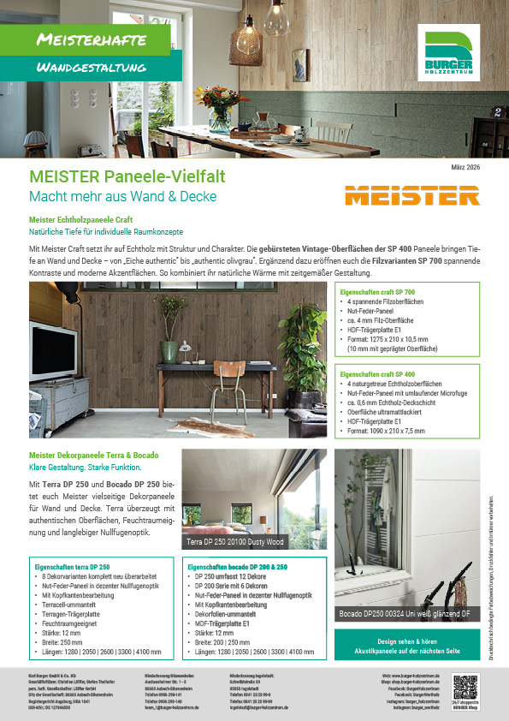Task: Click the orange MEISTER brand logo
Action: point(412,195)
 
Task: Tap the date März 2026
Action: point(465,167)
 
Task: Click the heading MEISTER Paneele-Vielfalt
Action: point(127,176)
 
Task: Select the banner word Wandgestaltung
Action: point(92,67)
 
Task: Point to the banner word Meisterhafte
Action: point(92,39)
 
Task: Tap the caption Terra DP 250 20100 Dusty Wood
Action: point(236,542)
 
